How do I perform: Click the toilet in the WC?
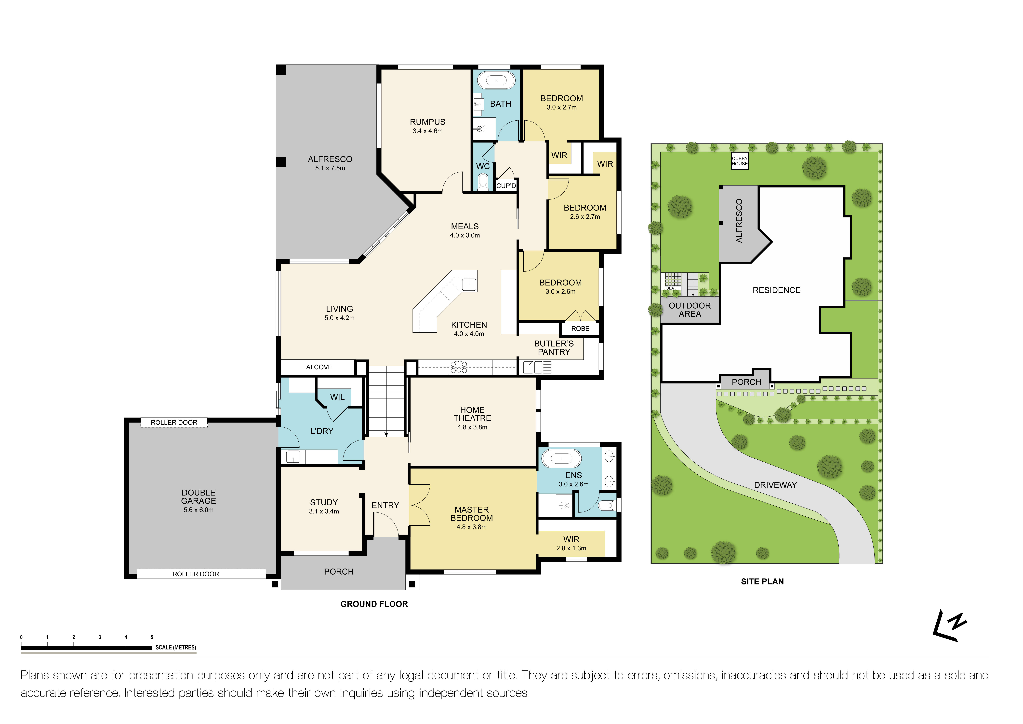pyautogui.click(x=483, y=182)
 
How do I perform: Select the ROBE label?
pyautogui.click(x=580, y=329)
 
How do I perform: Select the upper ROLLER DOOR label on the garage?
pyautogui.click(x=174, y=422)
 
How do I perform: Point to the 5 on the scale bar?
pyautogui.click(x=152, y=637)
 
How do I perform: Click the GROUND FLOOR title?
pyautogui.click(x=374, y=604)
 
